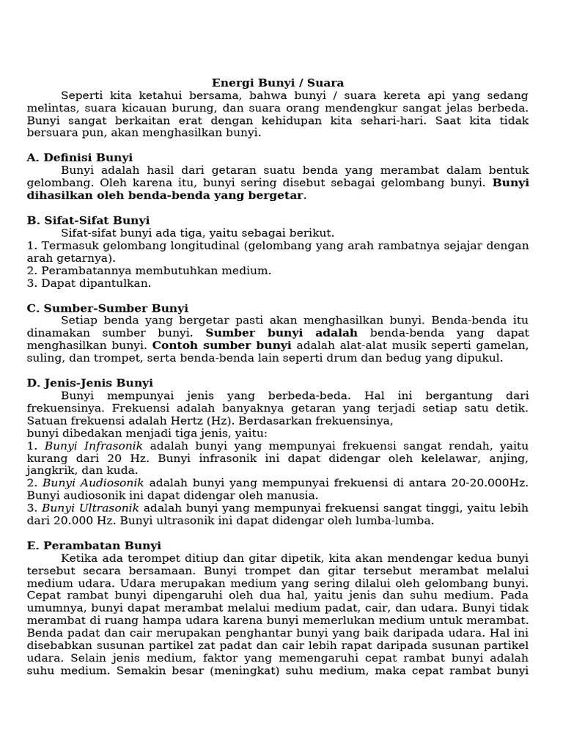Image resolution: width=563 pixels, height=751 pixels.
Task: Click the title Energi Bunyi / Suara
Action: pos(278,84)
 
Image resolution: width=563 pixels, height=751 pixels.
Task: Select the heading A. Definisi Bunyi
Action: pos(80,158)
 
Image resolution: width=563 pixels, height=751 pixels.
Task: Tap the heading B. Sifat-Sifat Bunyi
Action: pos(88,220)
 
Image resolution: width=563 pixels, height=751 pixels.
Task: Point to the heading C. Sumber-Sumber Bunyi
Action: pos(108,308)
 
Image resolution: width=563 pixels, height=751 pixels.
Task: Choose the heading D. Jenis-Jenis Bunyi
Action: pos(90,383)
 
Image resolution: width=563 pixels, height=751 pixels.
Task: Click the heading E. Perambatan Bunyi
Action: pos(94,546)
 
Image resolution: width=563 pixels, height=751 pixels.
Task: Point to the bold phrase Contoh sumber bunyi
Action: pos(221,345)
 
